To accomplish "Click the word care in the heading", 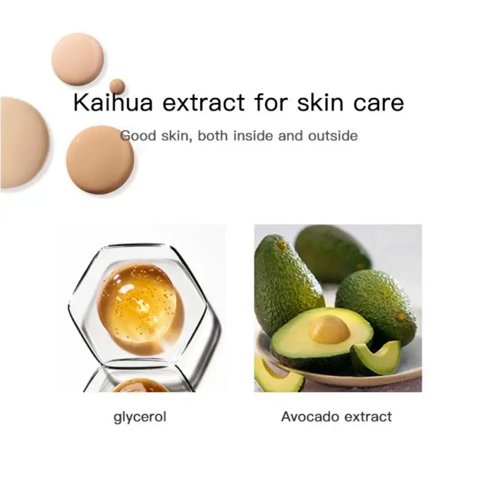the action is pos(379,103).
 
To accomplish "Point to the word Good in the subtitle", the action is pos(138,136).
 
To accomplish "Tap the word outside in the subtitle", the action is pos(333,136).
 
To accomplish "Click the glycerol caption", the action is pos(140,417).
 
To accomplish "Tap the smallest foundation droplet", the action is pos(117,86).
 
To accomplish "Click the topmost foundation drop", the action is pos(78,59).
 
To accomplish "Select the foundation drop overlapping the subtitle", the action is pos(100,160).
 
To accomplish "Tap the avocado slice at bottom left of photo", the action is pos(277,375).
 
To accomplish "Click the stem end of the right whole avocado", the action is pos(400,317).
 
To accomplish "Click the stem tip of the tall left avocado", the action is pos(281,243).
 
